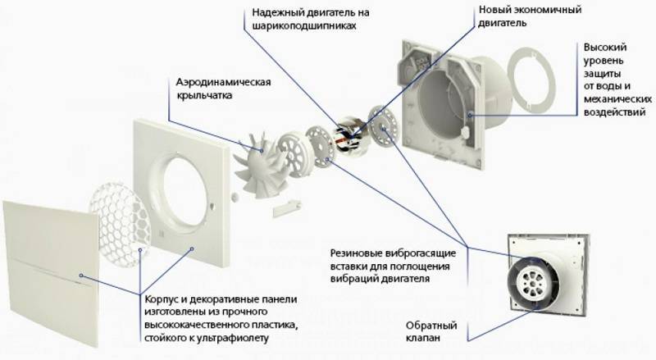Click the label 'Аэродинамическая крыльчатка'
(223, 89)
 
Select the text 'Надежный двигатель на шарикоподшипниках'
(311, 19)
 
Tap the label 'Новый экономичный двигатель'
(530, 16)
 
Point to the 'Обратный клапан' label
(431, 331)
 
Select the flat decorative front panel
(51, 273)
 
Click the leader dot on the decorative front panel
(80, 276)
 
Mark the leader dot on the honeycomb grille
(139, 250)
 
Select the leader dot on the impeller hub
(262, 150)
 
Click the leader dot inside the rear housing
(471, 114)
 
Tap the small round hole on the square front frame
(213, 206)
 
